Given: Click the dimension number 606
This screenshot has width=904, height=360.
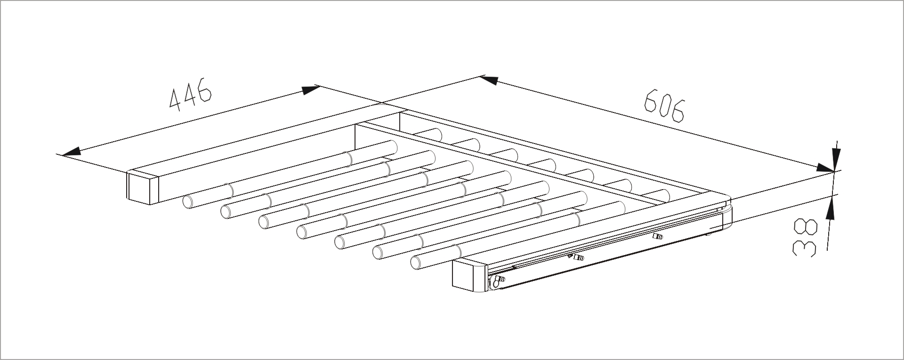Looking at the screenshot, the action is (664, 106).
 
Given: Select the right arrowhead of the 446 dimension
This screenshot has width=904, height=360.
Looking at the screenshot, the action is (311, 89).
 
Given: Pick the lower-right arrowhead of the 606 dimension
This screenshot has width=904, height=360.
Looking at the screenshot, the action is (825, 168).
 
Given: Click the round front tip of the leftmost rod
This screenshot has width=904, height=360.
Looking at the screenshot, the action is (188, 201).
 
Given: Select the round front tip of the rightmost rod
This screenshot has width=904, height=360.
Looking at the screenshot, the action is (416, 263).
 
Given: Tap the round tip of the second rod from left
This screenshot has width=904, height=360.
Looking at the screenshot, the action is (226, 212).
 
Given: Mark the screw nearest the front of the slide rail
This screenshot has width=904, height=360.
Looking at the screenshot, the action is (497, 281).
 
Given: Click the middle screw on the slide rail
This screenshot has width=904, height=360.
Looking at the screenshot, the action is (578, 257).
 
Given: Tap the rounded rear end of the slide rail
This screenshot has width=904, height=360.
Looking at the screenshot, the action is (727, 216).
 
